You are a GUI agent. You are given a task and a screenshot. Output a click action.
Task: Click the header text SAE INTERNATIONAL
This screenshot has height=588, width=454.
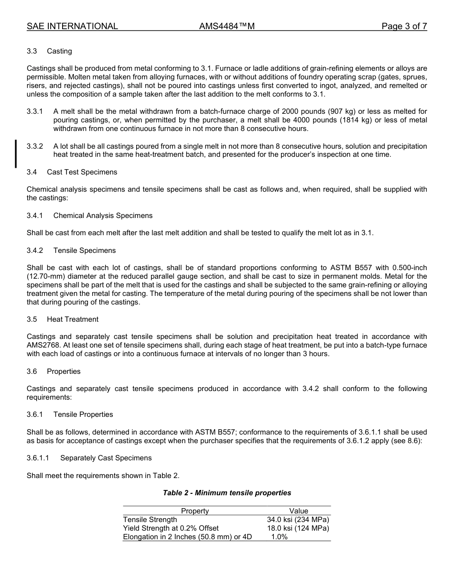72,26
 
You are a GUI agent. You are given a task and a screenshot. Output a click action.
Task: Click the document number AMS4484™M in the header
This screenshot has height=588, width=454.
227,26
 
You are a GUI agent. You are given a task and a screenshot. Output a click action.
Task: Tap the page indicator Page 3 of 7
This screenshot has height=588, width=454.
404,26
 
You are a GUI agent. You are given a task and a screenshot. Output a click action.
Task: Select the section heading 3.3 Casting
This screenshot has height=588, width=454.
50,51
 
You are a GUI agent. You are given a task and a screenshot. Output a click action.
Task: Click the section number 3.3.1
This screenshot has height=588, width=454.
35,111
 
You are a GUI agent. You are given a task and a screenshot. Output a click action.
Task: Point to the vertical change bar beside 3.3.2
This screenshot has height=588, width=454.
16,153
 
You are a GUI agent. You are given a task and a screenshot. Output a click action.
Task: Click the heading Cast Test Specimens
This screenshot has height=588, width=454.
82,172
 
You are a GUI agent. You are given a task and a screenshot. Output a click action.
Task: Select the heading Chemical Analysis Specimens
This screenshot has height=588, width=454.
103,216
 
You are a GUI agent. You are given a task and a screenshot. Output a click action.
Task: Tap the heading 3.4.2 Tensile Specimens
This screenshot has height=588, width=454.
71,250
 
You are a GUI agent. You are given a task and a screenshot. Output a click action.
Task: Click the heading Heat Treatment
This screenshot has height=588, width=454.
73,319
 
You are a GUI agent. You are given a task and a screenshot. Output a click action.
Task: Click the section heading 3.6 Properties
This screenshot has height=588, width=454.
54,371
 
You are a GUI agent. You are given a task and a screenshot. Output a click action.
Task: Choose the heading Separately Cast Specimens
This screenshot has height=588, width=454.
106,458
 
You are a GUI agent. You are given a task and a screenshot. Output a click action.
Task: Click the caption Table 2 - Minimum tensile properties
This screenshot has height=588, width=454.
227,493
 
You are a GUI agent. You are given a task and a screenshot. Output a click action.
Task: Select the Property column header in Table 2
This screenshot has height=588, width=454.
195,511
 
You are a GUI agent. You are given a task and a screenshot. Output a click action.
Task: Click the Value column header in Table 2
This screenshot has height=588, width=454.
299,511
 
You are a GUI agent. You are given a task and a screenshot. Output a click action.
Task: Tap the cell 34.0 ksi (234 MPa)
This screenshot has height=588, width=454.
298,520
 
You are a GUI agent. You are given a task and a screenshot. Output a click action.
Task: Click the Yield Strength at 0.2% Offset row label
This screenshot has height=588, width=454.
171,528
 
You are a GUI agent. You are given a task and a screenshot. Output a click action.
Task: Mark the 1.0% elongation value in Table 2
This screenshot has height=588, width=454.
280,537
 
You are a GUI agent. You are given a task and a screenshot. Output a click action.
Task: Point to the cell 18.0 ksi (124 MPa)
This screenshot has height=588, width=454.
298,528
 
